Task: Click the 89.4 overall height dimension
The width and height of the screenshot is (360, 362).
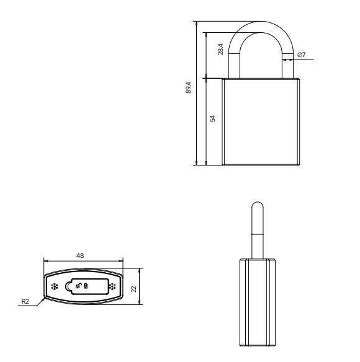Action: tap(189, 87)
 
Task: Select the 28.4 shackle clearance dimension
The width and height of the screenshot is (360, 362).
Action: tap(220, 49)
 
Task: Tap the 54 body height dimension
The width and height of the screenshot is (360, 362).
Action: tap(212, 118)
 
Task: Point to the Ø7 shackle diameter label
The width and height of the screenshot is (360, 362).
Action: tap(301, 55)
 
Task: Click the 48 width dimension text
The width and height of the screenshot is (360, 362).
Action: tap(80, 255)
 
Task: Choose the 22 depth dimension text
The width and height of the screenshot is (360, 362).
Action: tap(133, 289)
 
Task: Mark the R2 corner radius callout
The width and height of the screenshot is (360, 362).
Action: tap(25, 301)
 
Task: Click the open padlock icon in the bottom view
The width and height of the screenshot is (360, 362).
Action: tap(79, 286)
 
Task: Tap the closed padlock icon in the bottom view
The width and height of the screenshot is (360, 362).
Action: tap(86, 286)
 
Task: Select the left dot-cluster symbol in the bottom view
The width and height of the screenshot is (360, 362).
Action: tap(55, 286)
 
